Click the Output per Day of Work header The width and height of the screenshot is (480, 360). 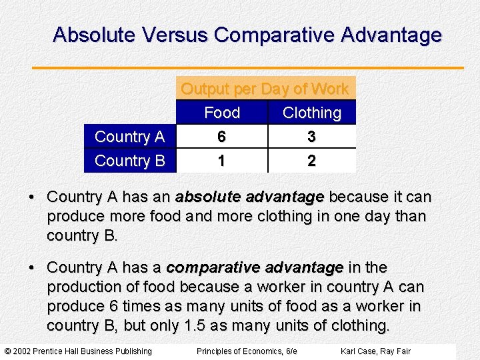click(x=265, y=89)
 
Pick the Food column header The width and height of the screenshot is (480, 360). click(x=222, y=113)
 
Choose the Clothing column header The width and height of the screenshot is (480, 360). click(x=311, y=113)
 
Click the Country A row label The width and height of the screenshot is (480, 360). click(x=129, y=137)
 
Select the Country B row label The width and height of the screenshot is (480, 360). click(x=129, y=161)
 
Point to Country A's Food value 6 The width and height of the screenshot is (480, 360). click(x=221, y=137)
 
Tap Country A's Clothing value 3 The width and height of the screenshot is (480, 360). click(x=311, y=137)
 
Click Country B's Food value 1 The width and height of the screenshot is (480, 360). click(x=221, y=161)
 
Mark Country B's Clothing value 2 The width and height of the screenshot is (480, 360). click(x=311, y=161)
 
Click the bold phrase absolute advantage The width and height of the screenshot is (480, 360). click(x=249, y=197)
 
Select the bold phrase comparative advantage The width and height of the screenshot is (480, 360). click(x=255, y=267)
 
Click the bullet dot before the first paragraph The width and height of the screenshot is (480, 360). click(x=32, y=198)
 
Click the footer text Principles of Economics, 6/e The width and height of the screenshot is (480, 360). click(x=247, y=351)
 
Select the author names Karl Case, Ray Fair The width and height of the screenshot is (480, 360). click(x=375, y=351)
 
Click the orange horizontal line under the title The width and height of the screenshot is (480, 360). click(x=247, y=67)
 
